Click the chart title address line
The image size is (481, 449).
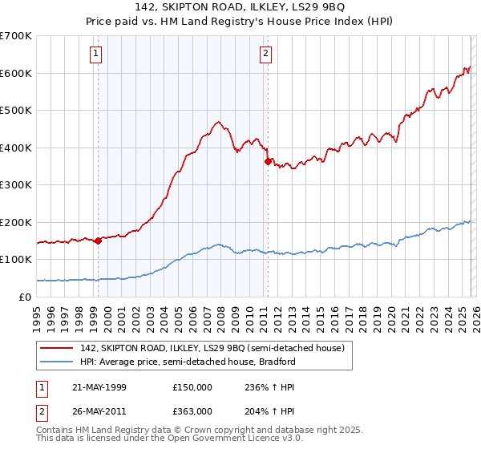point(240,7)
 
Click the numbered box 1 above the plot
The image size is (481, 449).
point(95,54)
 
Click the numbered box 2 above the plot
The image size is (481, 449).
point(265,54)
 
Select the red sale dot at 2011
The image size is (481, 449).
point(268,161)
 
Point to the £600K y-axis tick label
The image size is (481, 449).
point(16,73)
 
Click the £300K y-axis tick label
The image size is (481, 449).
point(16,185)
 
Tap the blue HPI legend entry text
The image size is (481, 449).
point(188,362)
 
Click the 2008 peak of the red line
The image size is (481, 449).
point(217,122)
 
